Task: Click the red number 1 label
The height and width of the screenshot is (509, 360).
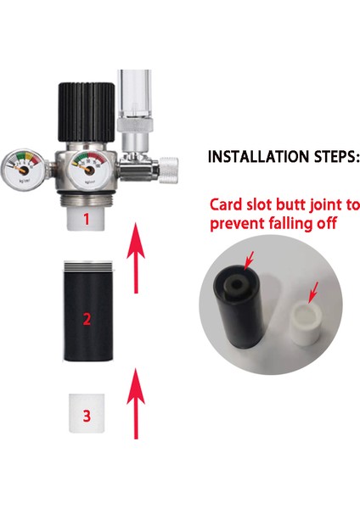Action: [x=85, y=219]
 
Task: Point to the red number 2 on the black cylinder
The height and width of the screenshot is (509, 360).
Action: [x=85, y=319]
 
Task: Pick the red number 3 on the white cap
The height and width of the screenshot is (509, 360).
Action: [x=85, y=416]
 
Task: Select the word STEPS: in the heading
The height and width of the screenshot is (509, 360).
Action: [x=323, y=158]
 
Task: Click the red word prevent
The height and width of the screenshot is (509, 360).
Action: [x=234, y=225]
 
